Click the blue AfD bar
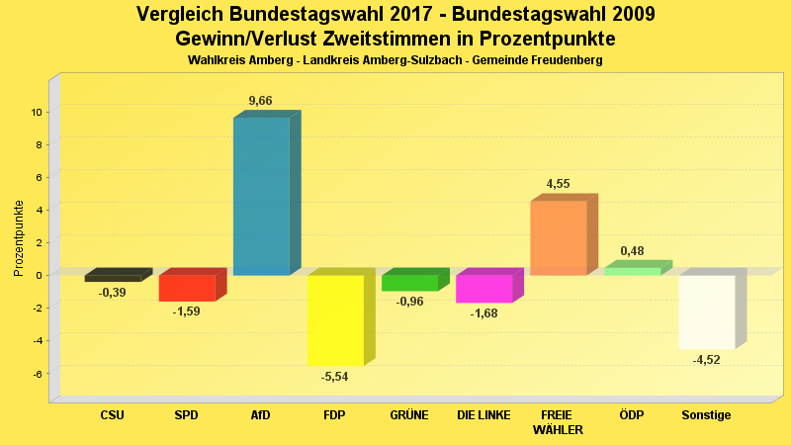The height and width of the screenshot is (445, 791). [261, 196]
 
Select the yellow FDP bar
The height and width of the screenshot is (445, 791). [335, 319]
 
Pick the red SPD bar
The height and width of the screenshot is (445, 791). [187, 288]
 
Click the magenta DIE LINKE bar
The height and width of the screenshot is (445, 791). [483, 289]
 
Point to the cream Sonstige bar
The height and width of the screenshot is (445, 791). [707, 311]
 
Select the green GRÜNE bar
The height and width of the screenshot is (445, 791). [409, 283]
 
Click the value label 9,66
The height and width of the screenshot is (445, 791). [260, 101]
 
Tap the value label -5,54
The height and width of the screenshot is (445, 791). [334, 377]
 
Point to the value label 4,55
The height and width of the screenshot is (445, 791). [558, 184]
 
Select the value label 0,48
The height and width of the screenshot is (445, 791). [632, 251]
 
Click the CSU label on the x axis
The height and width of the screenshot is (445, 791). [112, 415]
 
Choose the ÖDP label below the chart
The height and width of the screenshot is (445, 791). [631, 415]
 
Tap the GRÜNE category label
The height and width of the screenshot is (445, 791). [409, 415]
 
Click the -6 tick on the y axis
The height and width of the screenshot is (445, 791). [36, 373]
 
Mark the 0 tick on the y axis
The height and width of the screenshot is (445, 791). [38, 275]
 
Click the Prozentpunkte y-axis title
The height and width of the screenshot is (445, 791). [19, 237]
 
